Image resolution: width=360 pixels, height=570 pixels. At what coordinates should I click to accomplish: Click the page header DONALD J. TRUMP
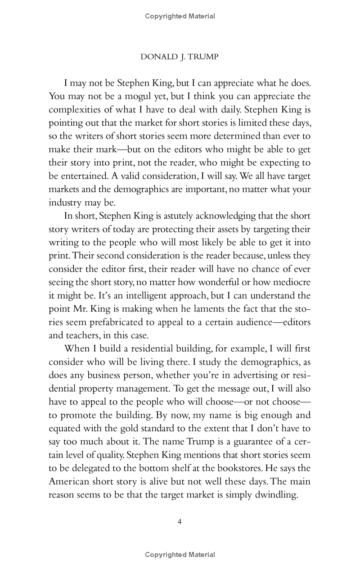(180, 57)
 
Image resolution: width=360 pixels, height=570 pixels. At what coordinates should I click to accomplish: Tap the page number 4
(180, 522)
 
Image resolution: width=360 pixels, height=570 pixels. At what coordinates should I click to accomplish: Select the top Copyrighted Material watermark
(180, 16)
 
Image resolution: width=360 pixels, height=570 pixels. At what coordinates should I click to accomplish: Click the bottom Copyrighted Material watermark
(180, 555)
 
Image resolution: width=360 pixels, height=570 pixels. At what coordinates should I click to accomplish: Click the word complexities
(76, 109)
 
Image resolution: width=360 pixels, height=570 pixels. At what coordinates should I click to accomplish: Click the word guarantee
(252, 442)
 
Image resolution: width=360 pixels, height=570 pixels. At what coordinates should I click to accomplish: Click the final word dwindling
(274, 495)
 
